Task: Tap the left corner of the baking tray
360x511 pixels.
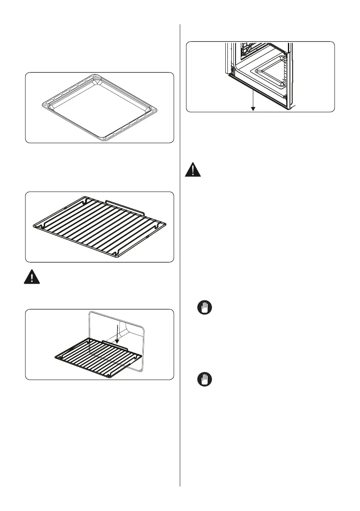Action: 40,104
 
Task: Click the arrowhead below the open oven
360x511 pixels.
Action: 253,109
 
